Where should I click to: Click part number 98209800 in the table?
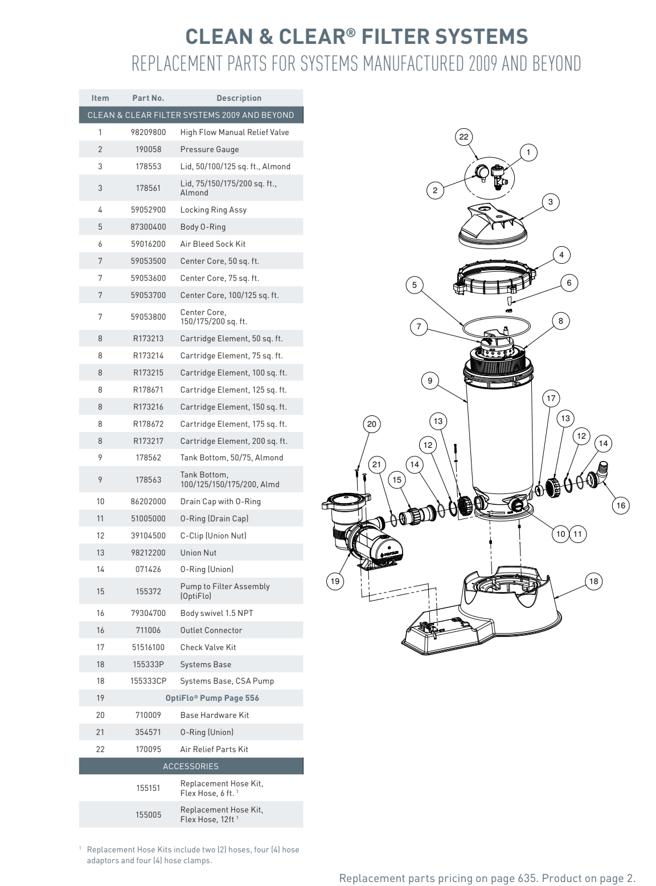(x=148, y=132)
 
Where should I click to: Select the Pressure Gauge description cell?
(x=210, y=149)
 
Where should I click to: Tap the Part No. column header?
(x=148, y=98)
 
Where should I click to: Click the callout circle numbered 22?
(x=464, y=137)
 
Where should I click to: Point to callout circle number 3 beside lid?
(x=550, y=202)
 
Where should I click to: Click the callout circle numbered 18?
(x=593, y=581)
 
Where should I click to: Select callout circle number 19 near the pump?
(x=335, y=581)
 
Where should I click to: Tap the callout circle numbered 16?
(x=621, y=505)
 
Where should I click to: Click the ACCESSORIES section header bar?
(x=191, y=766)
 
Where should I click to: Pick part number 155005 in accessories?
(x=148, y=815)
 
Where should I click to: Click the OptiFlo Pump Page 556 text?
(x=212, y=698)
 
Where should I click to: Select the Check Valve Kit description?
(x=208, y=647)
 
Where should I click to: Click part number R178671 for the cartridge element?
(x=148, y=390)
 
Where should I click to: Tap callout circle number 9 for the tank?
(x=430, y=381)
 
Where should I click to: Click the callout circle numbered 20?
(x=371, y=424)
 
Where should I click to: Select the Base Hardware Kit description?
(x=214, y=715)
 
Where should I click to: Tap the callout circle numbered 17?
(x=551, y=398)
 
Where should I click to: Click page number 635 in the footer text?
(x=527, y=878)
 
